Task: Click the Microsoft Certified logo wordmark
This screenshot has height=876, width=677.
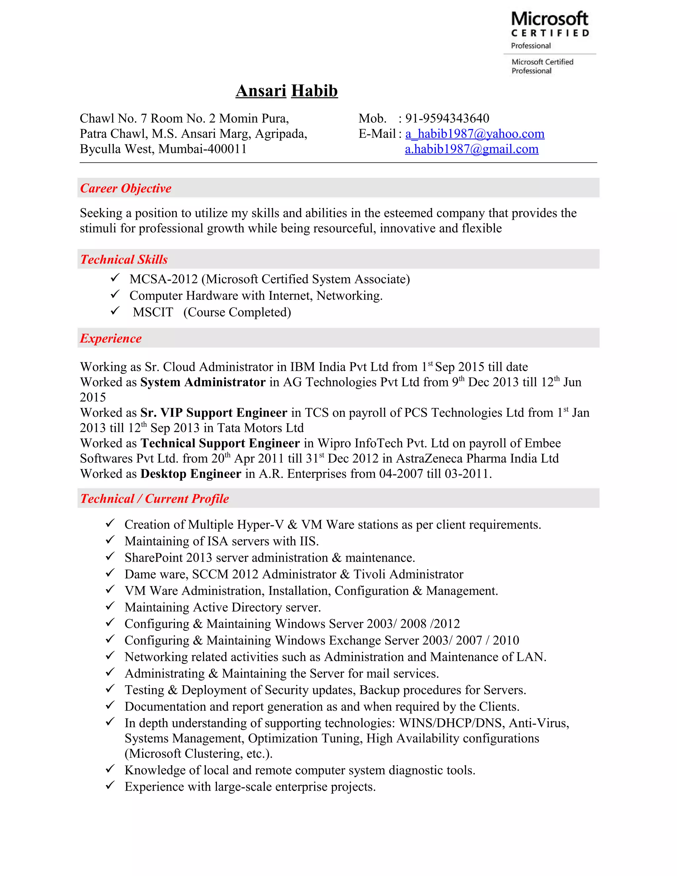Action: point(549,24)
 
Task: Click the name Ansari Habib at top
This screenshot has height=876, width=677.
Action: point(286,91)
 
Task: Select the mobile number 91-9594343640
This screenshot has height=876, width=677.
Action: point(447,118)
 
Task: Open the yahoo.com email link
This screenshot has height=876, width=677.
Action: point(475,134)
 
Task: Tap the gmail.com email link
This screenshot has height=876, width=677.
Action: point(472,149)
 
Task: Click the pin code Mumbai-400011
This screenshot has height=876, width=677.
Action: point(203,149)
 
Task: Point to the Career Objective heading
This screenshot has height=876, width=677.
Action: point(126,188)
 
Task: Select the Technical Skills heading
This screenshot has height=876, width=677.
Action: point(124,259)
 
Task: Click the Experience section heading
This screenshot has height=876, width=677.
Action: point(111,338)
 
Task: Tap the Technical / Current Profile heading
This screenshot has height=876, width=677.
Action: point(154,498)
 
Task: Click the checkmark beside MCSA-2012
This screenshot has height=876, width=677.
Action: point(115,278)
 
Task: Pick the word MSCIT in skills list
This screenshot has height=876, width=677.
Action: point(153,312)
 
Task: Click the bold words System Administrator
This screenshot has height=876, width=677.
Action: point(203,382)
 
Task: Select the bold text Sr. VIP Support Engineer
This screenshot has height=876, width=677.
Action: point(214,413)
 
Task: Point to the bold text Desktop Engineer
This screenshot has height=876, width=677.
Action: point(191,474)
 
